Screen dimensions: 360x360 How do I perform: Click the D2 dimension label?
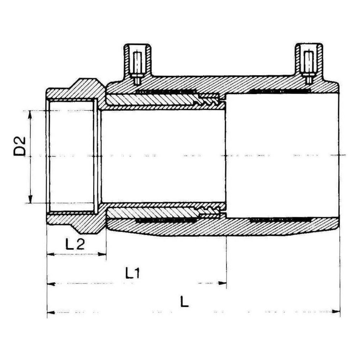(x=20, y=147)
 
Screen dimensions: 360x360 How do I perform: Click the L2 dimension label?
(x=75, y=244)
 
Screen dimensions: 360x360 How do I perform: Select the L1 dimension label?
(x=133, y=273)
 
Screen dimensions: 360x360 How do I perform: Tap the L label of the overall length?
(x=184, y=301)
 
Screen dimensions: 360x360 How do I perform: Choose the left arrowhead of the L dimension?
(x=51, y=312)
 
